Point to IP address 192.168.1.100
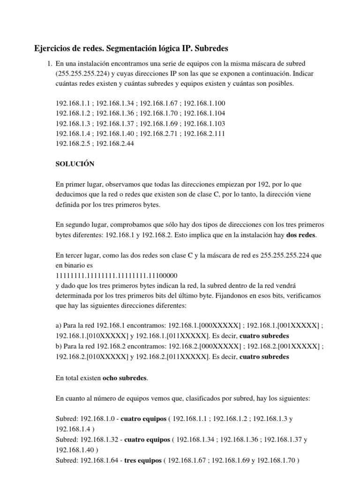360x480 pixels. [204, 103]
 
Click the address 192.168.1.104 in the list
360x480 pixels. [204, 113]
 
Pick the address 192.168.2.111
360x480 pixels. [204, 134]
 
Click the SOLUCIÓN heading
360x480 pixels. [75, 164]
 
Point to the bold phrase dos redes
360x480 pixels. [301, 235]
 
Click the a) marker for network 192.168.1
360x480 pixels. [59, 326]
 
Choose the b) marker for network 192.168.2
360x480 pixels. [59, 347]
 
